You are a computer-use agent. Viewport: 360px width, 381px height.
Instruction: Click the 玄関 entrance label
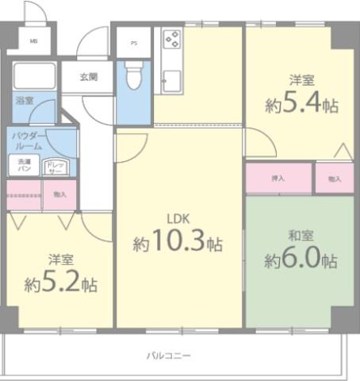click(x=89, y=77)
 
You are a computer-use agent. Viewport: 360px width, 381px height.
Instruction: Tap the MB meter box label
click(x=34, y=41)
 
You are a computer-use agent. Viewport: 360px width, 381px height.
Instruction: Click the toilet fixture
click(x=133, y=77)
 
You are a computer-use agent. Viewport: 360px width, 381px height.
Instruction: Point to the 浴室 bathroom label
click(x=25, y=101)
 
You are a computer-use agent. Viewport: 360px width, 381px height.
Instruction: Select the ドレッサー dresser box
click(x=56, y=167)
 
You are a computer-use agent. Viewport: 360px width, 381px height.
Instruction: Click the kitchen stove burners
click(x=171, y=40)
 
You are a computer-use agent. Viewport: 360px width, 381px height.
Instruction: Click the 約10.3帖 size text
click(x=178, y=244)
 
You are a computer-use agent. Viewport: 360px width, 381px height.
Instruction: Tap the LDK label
click(x=178, y=219)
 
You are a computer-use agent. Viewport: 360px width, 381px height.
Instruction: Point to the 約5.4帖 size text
click(x=303, y=104)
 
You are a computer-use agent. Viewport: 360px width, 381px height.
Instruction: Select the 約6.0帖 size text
click(x=301, y=260)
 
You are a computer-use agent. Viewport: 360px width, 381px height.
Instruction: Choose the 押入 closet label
click(x=278, y=179)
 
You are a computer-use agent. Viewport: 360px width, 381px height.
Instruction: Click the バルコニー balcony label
click(x=168, y=355)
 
